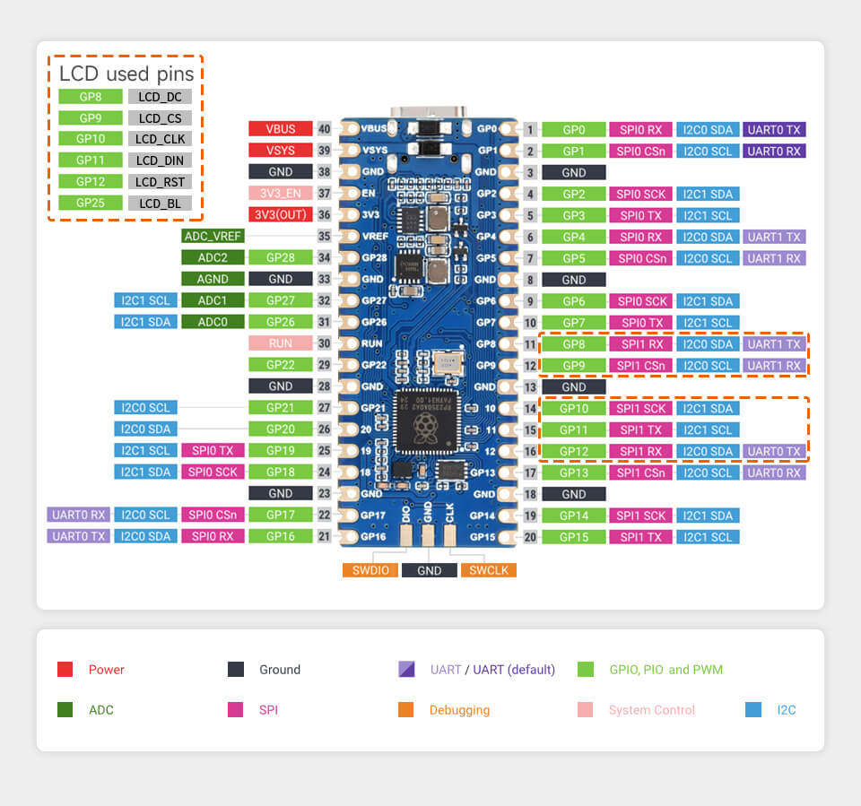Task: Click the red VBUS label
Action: [281, 129]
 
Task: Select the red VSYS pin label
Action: [281, 151]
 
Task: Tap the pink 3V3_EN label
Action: [281, 194]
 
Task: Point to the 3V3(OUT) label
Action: [281, 215]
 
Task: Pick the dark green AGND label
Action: [213, 280]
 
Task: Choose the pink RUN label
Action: [281, 343]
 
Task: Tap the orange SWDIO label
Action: [370, 570]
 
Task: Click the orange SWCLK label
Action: [489, 570]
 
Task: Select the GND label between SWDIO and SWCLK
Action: [429, 570]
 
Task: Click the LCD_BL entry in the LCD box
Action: [160, 204]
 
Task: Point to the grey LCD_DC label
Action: [160, 97]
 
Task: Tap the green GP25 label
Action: [90, 204]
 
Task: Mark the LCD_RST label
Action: [160, 182]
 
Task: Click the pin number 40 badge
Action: [325, 129]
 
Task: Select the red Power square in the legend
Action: [65, 670]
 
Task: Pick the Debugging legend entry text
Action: [459, 710]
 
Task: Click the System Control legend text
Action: [652, 710]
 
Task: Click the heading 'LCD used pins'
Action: [126, 74]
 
